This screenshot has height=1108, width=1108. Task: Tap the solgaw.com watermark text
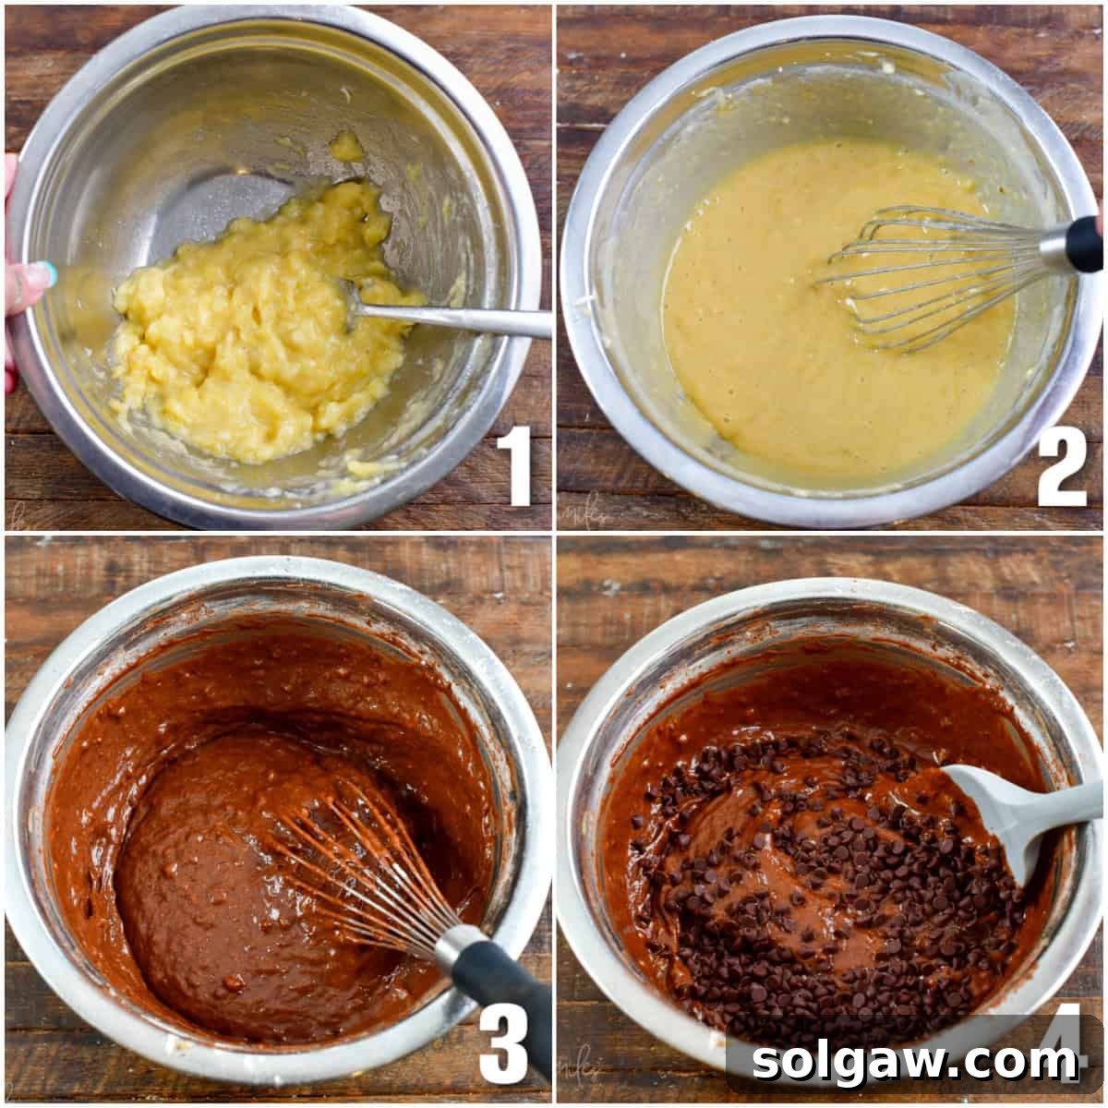[x=915, y=1062]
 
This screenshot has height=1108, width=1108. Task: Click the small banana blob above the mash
[x=346, y=146]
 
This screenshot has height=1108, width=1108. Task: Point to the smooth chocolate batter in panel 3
[x=203, y=886]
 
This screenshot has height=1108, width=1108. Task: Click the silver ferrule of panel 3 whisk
[x=452, y=946]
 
